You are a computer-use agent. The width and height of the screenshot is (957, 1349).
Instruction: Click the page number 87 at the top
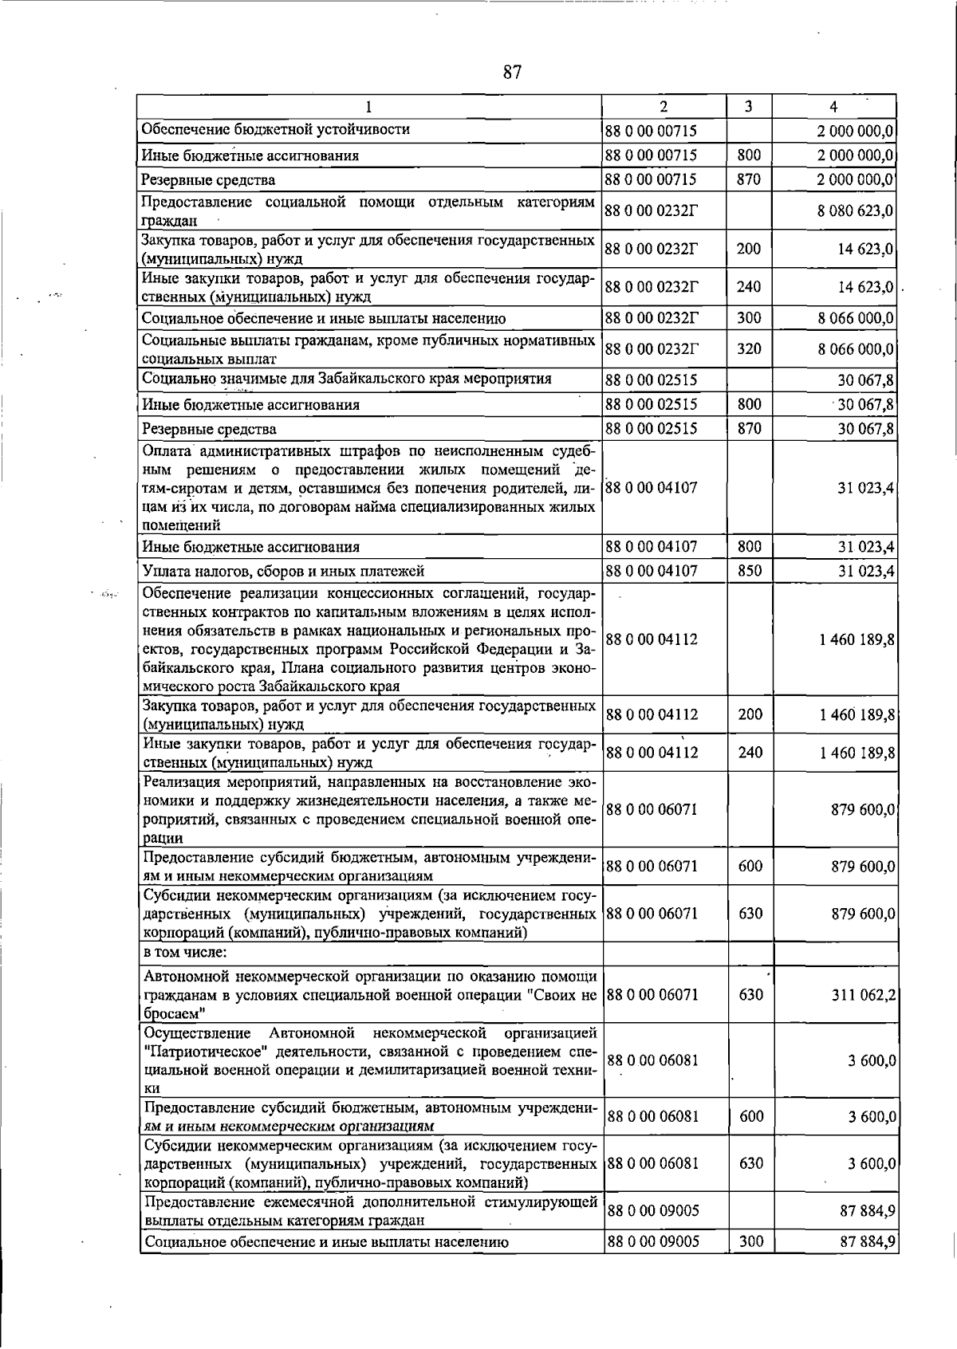512,73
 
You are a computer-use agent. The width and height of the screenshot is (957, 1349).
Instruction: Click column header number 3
748,107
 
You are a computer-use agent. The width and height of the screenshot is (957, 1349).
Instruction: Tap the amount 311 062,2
862,994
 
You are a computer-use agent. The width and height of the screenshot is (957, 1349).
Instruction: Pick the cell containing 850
749,571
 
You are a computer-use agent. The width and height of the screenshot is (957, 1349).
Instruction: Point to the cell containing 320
749,348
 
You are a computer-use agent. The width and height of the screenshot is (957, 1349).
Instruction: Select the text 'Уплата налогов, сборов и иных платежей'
283,571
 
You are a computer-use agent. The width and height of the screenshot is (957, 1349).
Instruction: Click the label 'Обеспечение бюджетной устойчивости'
276,129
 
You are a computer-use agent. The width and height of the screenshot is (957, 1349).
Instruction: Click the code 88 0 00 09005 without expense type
653,1211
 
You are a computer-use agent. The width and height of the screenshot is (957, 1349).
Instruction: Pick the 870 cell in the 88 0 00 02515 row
749,428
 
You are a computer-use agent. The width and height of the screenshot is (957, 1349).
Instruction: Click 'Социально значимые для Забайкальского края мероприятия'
347,378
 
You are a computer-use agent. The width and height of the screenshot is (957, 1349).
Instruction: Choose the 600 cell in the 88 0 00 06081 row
750,1116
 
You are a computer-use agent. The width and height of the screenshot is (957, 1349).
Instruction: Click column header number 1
368,107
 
